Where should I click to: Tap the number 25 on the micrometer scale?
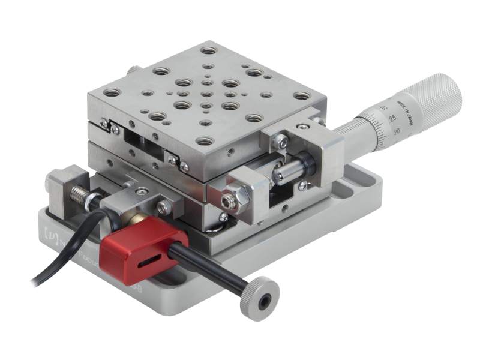click(x=391, y=118)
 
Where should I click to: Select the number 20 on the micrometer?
click(x=397, y=130)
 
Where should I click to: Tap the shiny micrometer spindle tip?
click(x=282, y=175)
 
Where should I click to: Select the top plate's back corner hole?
click(x=208, y=50)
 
